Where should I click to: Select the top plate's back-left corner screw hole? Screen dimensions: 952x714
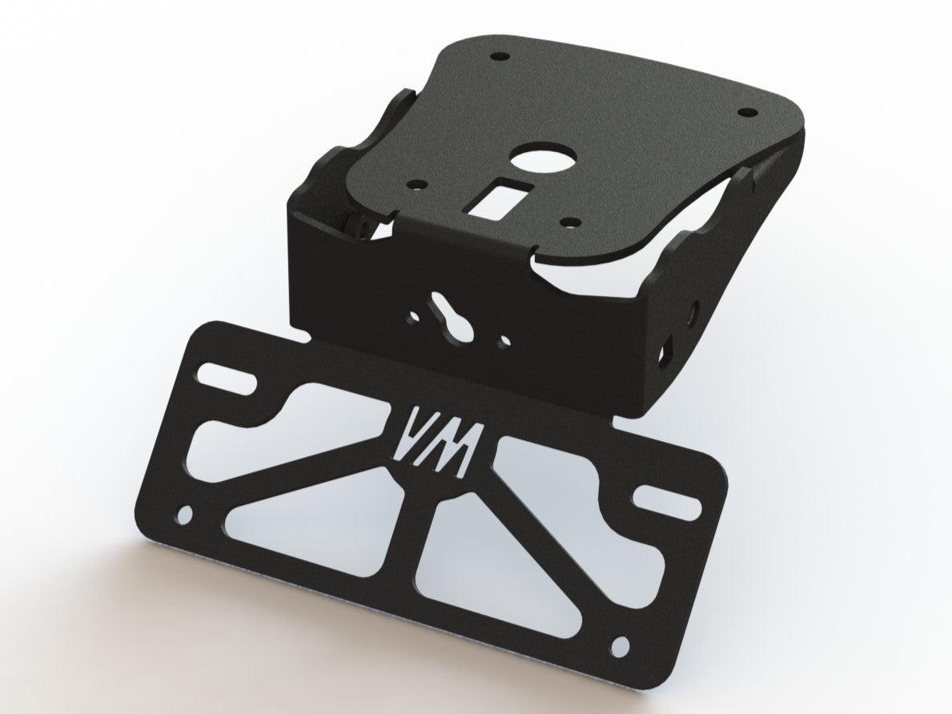point(500,57)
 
